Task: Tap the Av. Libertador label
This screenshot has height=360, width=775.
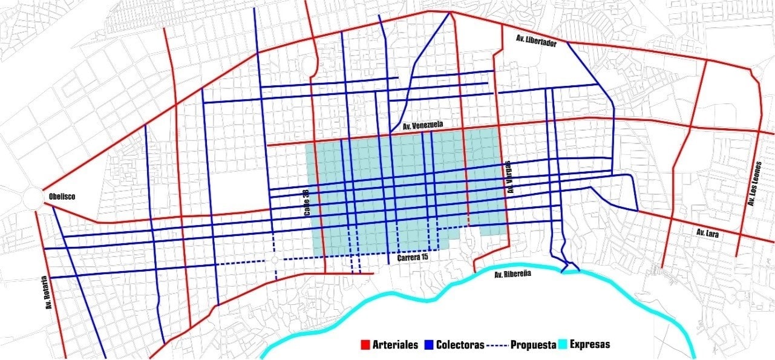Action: [x=535, y=40]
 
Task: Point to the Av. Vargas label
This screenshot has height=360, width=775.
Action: [x=509, y=177]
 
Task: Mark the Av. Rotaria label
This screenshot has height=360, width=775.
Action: [x=45, y=293]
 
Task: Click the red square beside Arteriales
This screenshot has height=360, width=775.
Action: [x=365, y=345]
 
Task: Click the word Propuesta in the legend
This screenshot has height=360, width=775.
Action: [x=534, y=345]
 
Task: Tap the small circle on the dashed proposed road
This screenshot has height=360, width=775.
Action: [x=275, y=260]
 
